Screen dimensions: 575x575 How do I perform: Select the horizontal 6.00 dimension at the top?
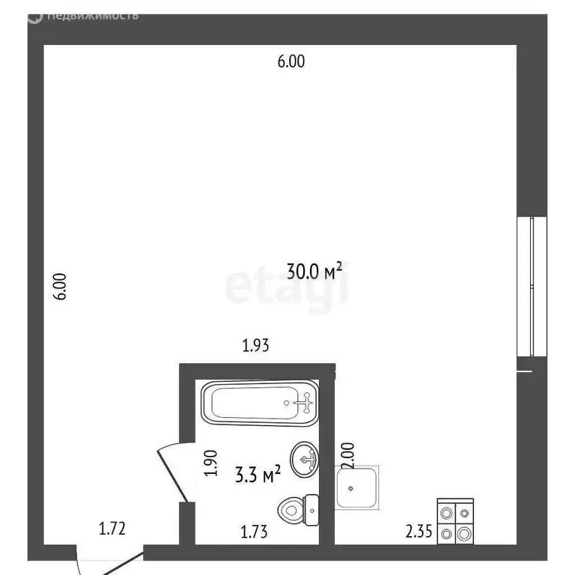[291, 63]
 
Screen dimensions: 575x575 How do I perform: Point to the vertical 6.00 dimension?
[61, 286]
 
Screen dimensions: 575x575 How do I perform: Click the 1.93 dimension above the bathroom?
[255, 346]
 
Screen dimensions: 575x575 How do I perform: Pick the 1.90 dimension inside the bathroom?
[211, 463]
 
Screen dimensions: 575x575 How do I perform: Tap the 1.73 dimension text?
[255, 532]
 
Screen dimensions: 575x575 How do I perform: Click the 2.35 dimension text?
[419, 532]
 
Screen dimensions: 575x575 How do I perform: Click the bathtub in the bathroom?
[261, 404]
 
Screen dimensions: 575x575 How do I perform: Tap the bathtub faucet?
[304, 403]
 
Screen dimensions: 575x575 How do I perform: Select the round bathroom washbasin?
[305, 459]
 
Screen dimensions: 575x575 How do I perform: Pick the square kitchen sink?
[357, 487]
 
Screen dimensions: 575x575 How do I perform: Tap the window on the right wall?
[530, 286]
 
